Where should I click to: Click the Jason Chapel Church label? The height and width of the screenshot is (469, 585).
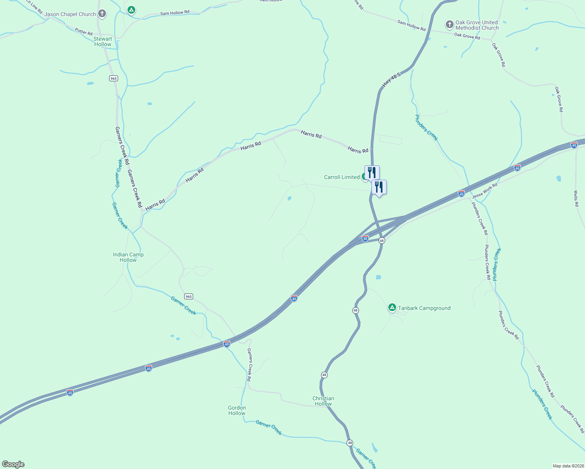click(70, 14)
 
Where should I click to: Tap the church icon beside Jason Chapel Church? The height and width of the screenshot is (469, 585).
click(102, 14)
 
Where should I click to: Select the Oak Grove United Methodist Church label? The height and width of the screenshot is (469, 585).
click(477, 25)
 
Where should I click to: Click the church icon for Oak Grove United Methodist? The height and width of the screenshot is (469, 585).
click(449, 25)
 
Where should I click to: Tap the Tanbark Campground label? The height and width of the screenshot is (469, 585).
click(424, 308)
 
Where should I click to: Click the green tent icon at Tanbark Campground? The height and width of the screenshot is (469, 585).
click(392, 307)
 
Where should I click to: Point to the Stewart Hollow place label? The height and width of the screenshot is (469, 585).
click(102, 41)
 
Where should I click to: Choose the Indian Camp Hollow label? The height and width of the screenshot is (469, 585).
click(128, 257)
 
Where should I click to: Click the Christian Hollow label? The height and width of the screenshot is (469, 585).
click(323, 401)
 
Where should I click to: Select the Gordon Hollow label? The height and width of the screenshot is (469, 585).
click(237, 410)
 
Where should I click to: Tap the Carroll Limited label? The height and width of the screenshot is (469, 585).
click(341, 177)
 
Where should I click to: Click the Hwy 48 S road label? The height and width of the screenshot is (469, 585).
click(391, 80)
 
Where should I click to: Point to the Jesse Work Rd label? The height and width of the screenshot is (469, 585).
click(485, 190)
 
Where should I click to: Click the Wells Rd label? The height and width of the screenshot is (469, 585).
click(576, 198)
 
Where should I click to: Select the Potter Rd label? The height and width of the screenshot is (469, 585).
click(84, 32)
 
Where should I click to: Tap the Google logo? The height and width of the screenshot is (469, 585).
click(13, 464)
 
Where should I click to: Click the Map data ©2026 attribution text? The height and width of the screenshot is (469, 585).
click(568, 466)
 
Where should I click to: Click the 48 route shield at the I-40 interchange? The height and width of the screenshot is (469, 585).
click(382, 240)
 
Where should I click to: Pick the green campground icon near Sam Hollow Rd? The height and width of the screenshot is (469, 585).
click(131, 10)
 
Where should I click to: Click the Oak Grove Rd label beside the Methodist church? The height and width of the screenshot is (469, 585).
click(467, 36)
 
